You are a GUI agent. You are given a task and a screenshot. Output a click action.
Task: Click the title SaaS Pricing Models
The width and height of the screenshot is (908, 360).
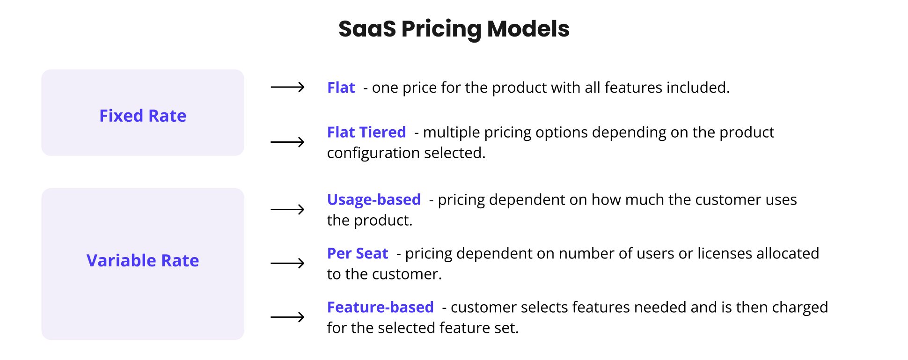pyautogui.click(x=454, y=29)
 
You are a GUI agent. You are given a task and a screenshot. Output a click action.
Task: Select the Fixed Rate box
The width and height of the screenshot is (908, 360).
pyautogui.click(x=143, y=113)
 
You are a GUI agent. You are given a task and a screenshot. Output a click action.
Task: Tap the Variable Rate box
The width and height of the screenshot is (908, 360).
pyautogui.click(x=143, y=264)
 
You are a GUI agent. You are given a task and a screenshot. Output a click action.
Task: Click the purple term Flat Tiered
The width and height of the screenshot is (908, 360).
pyautogui.click(x=366, y=132)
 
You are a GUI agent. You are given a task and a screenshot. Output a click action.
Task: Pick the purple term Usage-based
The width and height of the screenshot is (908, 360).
pyautogui.click(x=374, y=200)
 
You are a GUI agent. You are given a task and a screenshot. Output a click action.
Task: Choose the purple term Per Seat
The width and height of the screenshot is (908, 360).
pyautogui.click(x=358, y=254)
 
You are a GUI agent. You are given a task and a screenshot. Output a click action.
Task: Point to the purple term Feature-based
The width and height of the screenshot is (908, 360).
pyautogui.click(x=381, y=308)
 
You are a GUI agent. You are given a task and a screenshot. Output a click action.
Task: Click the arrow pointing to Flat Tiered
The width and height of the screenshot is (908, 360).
pyautogui.click(x=287, y=142)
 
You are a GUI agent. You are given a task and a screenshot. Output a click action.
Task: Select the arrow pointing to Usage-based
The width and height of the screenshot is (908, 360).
pyautogui.click(x=287, y=209)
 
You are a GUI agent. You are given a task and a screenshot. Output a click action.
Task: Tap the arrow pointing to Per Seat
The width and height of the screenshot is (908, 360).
pyautogui.click(x=287, y=263)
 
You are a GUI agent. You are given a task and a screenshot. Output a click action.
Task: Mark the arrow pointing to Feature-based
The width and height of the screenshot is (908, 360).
pyautogui.click(x=287, y=317)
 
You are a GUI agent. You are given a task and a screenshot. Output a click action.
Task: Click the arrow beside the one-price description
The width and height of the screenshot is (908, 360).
pyautogui.click(x=287, y=87)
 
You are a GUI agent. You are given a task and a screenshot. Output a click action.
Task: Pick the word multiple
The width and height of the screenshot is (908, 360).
pyautogui.click(x=451, y=133)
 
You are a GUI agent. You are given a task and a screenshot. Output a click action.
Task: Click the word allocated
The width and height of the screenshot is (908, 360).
pyautogui.click(x=788, y=254)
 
